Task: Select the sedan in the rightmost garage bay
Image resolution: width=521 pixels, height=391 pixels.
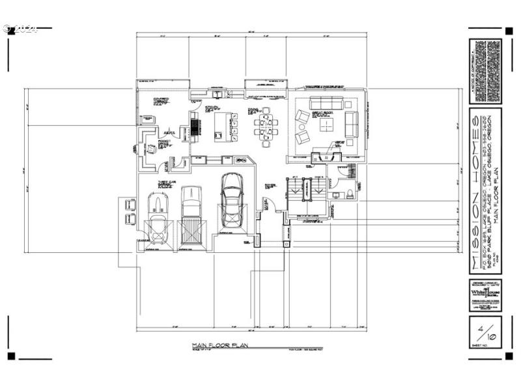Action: [231, 199]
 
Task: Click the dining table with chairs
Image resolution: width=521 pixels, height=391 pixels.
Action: [264, 127]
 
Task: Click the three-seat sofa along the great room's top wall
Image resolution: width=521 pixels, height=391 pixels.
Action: [326, 103]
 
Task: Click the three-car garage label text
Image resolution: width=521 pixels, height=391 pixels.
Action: [165, 184]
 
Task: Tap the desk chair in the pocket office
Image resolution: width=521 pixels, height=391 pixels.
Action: [152, 149]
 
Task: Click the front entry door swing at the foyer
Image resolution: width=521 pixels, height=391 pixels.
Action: [274, 207]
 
